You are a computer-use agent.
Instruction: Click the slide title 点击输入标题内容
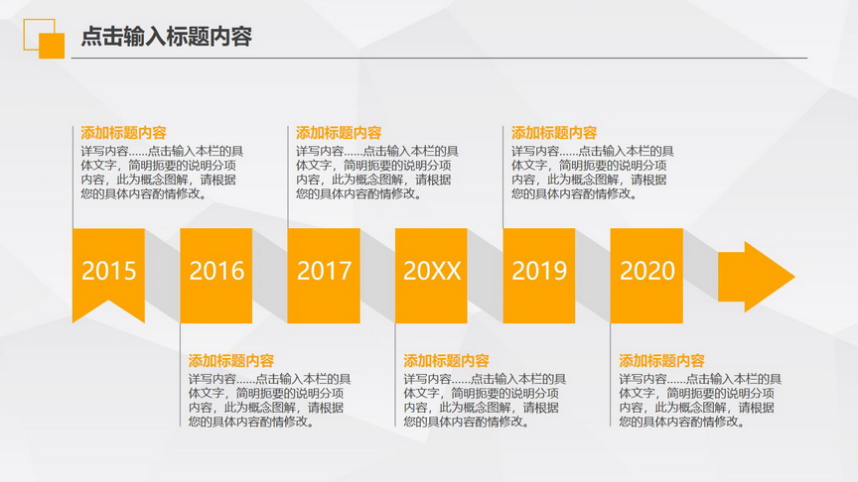pos(167,37)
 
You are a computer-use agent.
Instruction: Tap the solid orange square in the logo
pos(52,46)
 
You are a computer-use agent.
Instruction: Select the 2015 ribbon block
pos(108,274)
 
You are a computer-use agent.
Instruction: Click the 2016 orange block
pos(216,276)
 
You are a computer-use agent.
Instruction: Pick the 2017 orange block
pos(324,276)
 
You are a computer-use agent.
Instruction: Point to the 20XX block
pos(431,276)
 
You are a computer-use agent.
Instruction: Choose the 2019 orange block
pos(539,276)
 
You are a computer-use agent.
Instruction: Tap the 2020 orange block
pos(646,276)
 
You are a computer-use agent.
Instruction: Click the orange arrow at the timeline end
pos(757,277)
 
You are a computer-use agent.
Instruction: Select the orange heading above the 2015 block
pos(124,133)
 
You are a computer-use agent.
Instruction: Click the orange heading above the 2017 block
pos(339,133)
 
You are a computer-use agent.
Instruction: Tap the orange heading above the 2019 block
pos(554,133)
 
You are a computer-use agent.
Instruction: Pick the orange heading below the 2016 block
pos(231,361)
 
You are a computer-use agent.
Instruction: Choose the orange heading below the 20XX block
pos(447,361)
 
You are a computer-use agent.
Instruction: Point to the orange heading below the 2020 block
pos(661,361)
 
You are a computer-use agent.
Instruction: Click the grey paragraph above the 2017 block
pos(377,173)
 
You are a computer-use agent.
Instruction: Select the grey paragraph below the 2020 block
pos(700,401)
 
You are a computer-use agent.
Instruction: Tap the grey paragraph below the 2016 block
pos(270,401)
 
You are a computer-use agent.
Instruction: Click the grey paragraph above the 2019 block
pos(593,173)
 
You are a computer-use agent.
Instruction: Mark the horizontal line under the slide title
pos(439,58)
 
